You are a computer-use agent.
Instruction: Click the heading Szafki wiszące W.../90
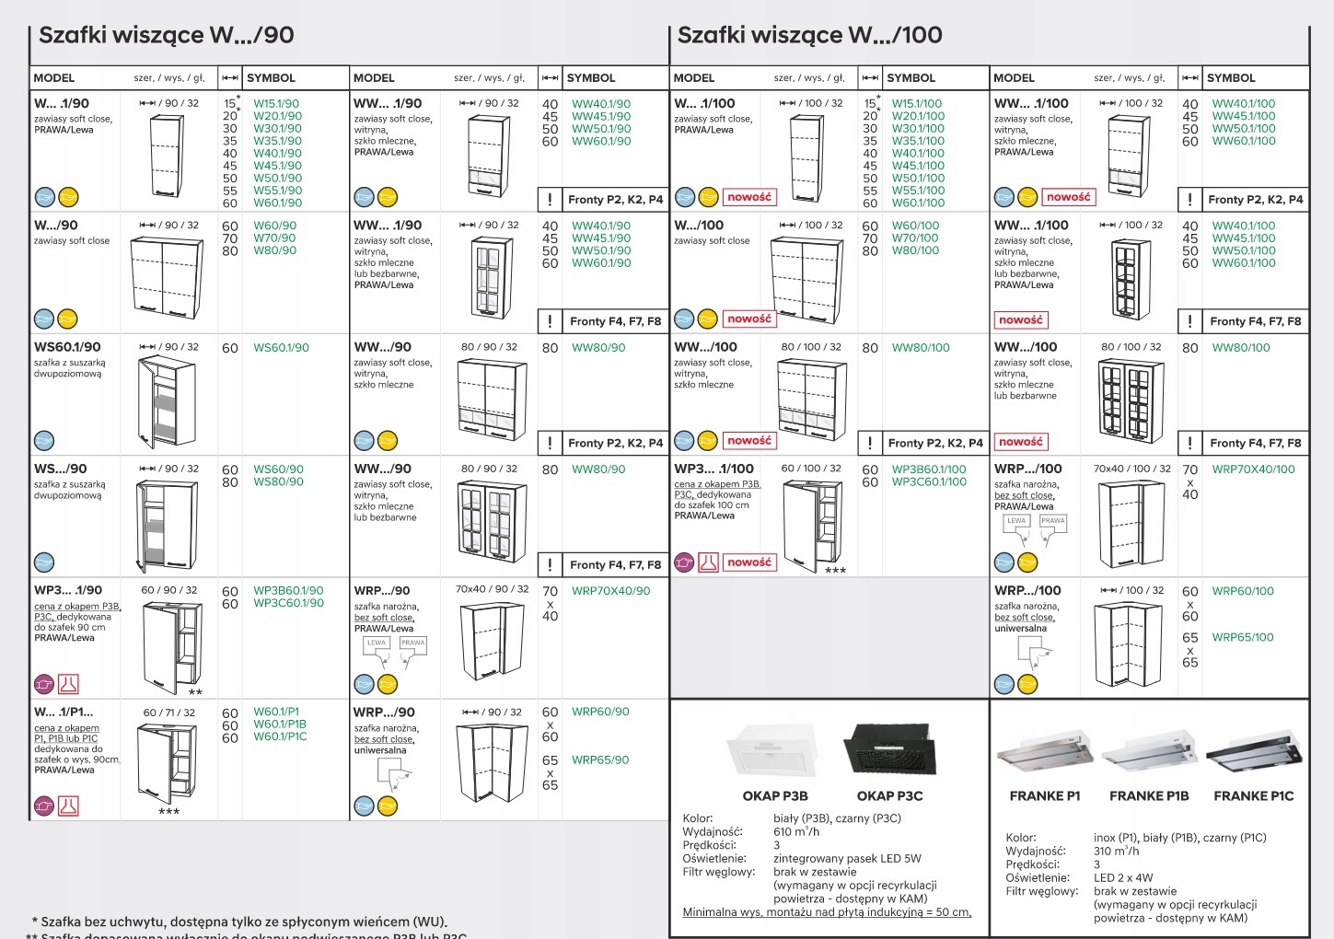167,35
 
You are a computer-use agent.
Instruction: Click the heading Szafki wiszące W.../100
809,35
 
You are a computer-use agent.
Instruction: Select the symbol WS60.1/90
281,348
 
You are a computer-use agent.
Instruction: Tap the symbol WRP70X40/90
610,591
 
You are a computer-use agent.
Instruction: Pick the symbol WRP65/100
1243,637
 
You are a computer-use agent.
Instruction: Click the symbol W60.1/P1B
280,725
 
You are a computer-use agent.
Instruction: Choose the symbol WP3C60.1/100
929,481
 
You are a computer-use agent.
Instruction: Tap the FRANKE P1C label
1253,796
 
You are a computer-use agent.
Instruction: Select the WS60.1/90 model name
67,347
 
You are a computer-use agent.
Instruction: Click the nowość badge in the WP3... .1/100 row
749,562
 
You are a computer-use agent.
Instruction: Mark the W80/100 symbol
915,250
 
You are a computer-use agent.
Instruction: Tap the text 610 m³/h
796,832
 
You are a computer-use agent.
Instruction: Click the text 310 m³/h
1116,852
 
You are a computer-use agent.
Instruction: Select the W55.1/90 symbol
277,191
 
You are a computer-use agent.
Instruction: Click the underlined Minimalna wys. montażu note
827,912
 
